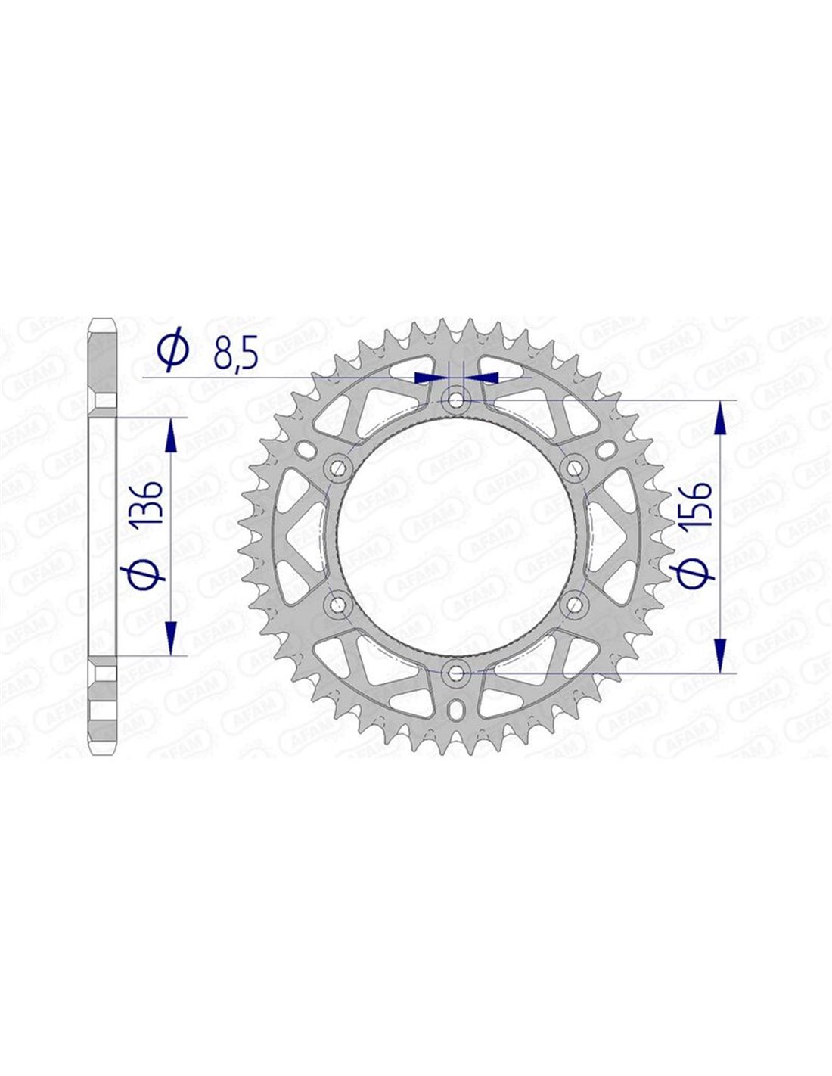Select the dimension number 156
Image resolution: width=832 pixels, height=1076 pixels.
[x=695, y=505]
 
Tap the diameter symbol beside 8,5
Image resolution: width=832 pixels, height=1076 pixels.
[x=173, y=349]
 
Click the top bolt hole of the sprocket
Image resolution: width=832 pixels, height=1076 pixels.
[x=455, y=399]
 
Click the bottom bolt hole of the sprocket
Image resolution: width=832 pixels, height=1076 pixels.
[x=455, y=673]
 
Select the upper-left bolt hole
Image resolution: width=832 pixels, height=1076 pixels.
[x=338, y=467]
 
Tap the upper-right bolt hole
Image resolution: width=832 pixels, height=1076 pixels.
[x=573, y=467]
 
